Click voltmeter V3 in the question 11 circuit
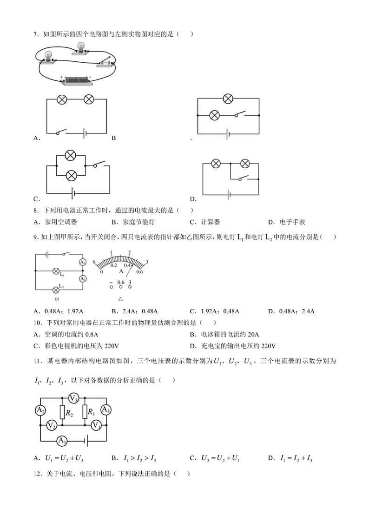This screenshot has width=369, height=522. click(x=73, y=397)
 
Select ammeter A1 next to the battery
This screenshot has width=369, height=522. click(x=62, y=441)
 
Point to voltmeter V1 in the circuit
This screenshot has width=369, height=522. click(x=96, y=425)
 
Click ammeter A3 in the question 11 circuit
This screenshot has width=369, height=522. click(x=106, y=410)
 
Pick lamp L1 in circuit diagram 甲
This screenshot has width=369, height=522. click(x=56, y=270)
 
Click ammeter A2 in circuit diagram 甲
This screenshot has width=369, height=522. click(x=82, y=278)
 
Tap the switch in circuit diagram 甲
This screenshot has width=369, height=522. click(x=66, y=254)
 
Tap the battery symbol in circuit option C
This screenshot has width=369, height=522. click(x=72, y=192)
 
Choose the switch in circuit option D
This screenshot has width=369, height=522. click(x=241, y=177)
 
